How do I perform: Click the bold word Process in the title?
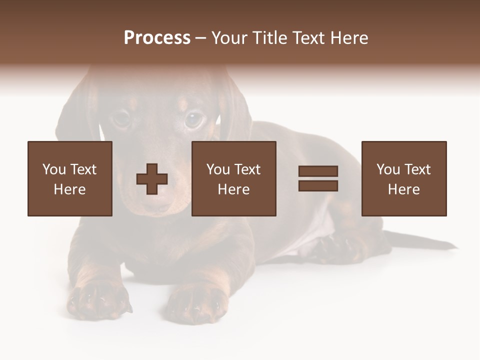[157, 37]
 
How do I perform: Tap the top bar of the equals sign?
[318, 171]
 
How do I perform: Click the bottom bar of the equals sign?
[318, 185]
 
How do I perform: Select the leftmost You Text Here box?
[70, 178]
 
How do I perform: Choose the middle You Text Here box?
[234, 178]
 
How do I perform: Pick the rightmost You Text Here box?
[404, 178]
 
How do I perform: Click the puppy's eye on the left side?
[121, 118]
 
